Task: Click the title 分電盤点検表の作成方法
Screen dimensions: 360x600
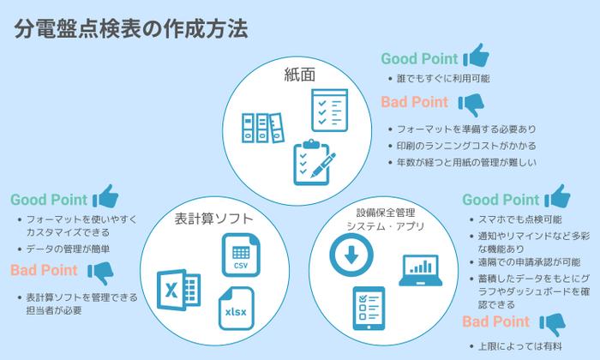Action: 132,29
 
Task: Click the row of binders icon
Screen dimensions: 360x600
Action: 261,129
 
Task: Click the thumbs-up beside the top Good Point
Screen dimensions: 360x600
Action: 476,57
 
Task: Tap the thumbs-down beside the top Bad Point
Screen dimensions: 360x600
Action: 471,105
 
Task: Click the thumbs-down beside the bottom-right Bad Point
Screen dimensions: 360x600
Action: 551,324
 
